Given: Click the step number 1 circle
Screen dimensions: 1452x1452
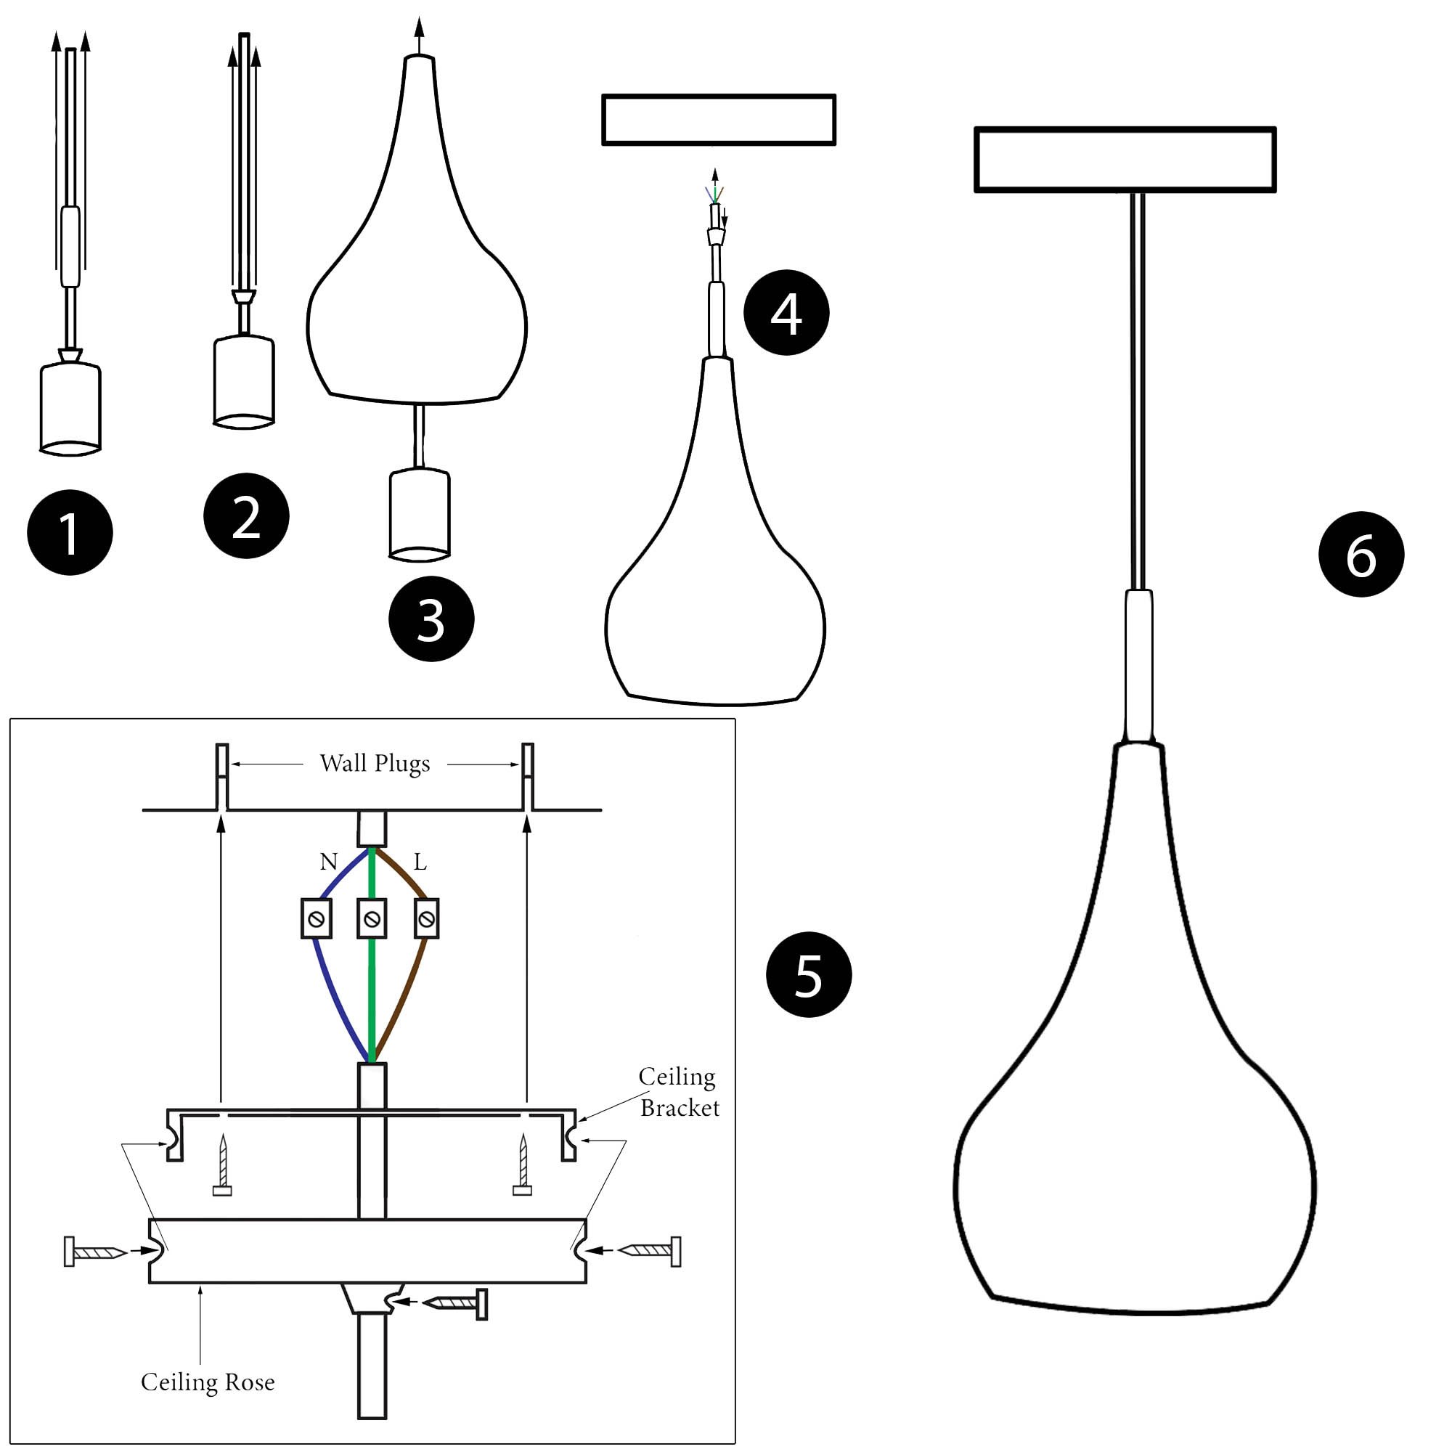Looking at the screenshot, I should [x=70, y=533].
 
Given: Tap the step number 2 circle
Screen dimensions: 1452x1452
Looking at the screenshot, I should [x=247, y=516].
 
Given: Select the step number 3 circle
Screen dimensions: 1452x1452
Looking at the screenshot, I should [x=431, y=619].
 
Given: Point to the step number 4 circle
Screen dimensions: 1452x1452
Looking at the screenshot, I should [x=786, y=313].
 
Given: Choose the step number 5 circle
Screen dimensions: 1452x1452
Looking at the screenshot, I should [x=809, y=975].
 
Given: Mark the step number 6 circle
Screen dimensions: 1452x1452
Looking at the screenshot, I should [x=1361, y=555].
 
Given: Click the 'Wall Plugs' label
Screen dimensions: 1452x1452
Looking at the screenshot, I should [x=375, y=764].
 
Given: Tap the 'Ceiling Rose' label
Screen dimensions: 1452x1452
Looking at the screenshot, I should [x=208, y=1382].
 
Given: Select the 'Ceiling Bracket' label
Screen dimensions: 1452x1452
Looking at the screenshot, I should [x=679, y=1092].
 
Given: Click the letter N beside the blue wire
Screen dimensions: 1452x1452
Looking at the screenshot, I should [x=328, y=862].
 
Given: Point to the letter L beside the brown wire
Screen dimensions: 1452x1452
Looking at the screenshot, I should [x=420, y=862].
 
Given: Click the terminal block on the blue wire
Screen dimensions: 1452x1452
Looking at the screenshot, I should [x=317, y=918].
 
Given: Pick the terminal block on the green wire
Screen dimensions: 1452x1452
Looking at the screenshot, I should [x=372, y=918].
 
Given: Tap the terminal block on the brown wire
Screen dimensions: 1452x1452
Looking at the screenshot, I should [x=426, y=918].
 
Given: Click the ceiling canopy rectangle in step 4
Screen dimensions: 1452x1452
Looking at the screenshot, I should [x=719, y=120].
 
